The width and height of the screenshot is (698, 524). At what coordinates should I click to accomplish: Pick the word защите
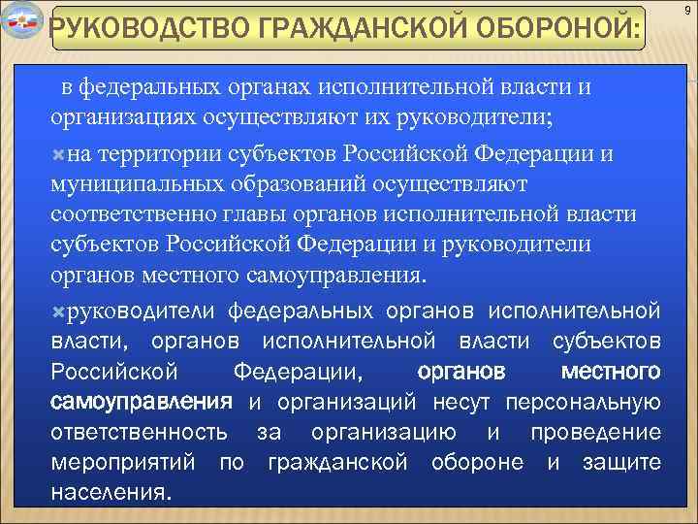[621, 462]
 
